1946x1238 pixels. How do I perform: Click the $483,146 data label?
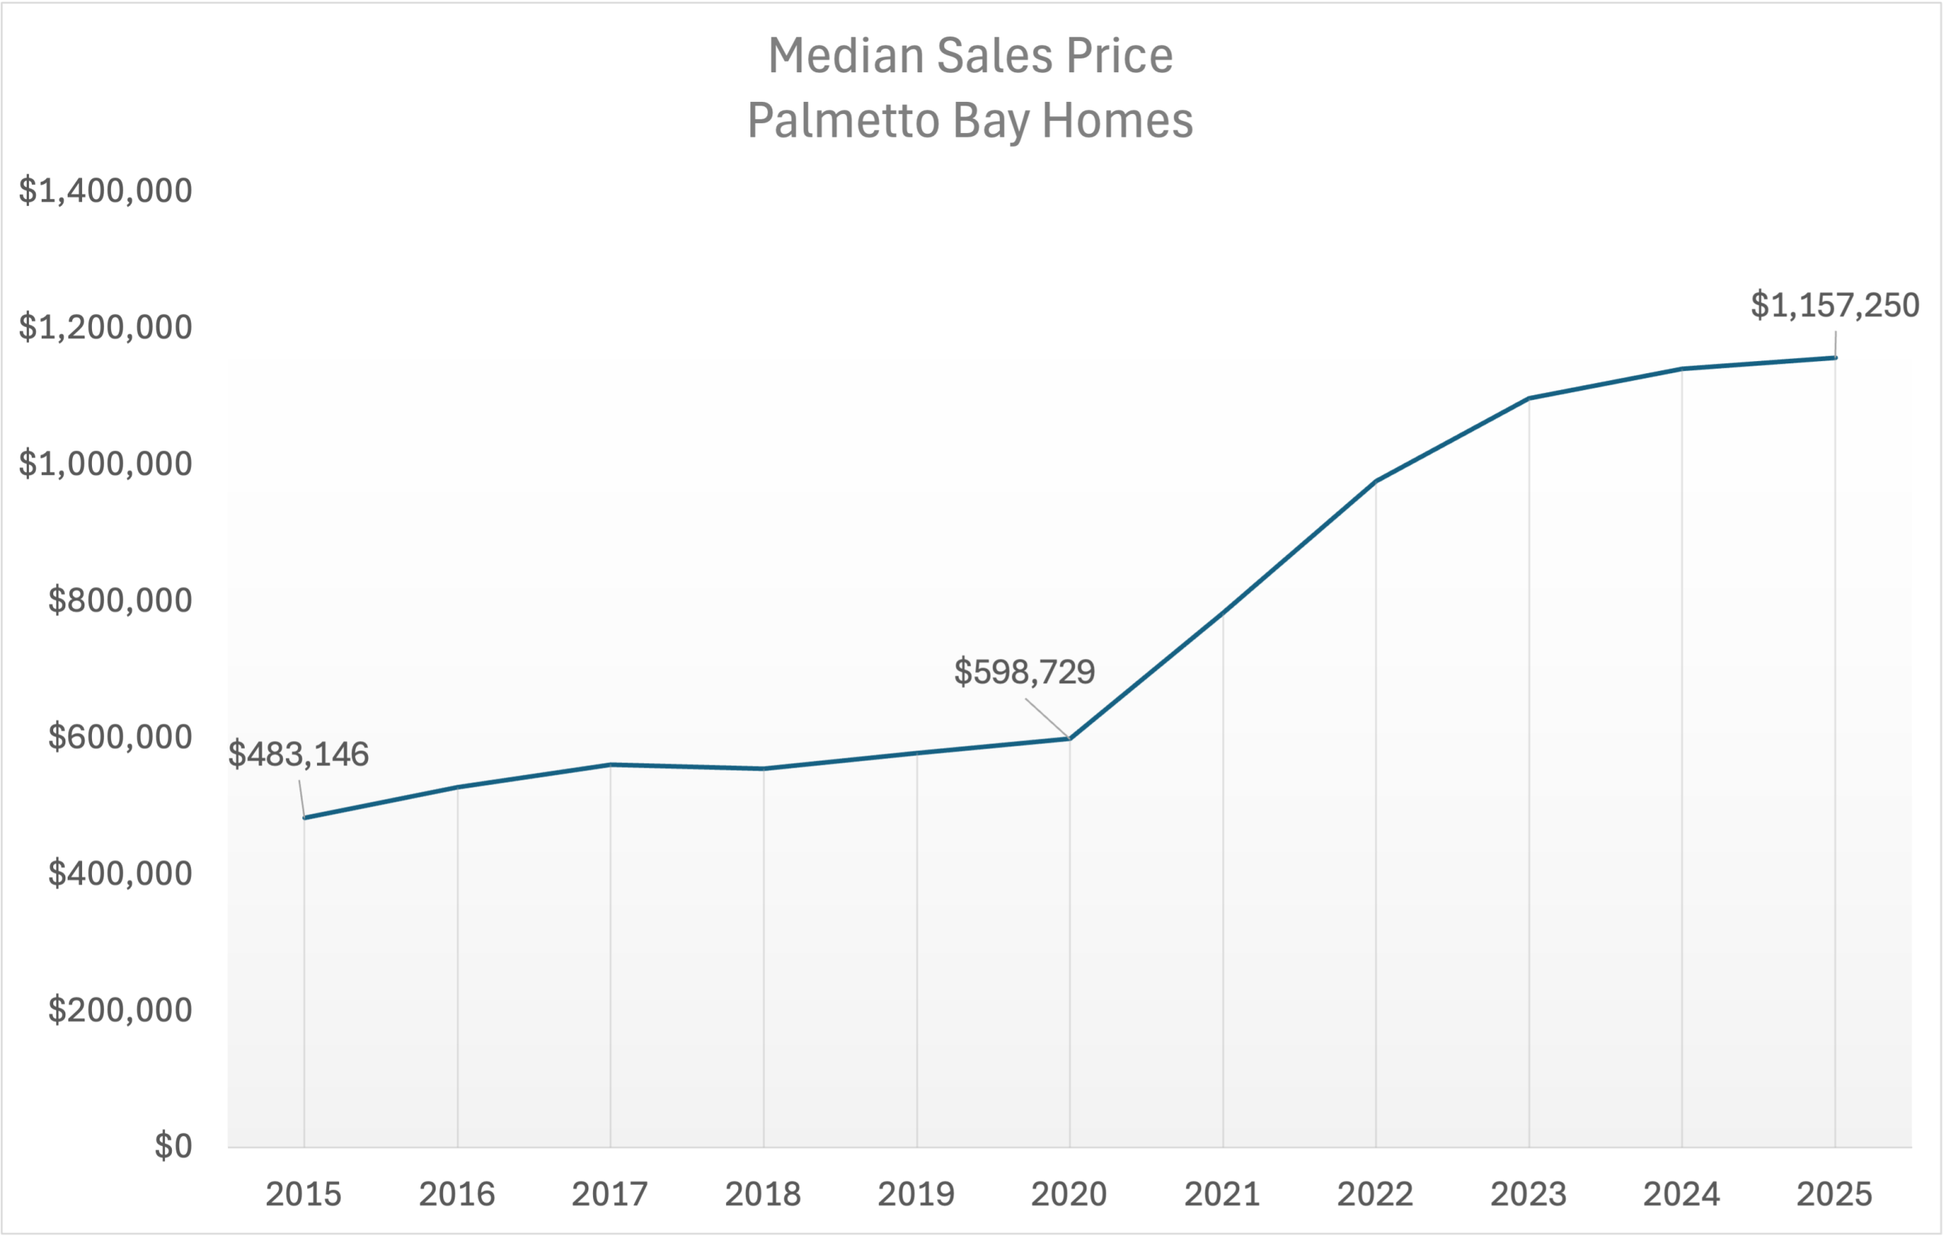[298, 754]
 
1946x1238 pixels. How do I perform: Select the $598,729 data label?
[1024, 672]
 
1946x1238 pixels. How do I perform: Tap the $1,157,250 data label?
[1834, 306]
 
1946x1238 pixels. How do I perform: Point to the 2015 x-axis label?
[304, 1194]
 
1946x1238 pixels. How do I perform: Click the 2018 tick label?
[763, 1194]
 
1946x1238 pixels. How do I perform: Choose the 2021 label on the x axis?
[1222, 1194]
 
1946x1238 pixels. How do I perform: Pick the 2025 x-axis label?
[1834, 1194]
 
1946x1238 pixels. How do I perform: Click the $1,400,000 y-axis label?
[106, 191]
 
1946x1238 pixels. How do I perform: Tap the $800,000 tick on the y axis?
[119, 600]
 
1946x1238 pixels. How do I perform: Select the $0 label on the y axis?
[173, 1146]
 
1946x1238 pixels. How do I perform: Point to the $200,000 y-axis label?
[119, 1010]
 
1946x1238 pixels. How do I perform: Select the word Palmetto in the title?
[843, 121]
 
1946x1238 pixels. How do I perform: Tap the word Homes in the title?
[1117, 121]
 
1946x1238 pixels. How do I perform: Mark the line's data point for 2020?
[1070, 739]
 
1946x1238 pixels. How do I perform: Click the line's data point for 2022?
[1375, 482]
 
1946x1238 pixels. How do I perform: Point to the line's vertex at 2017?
[610, 765]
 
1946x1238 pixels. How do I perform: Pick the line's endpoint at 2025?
[1834, 358]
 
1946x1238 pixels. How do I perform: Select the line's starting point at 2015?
[305, 818]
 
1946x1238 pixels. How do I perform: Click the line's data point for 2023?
[1529, 398]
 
